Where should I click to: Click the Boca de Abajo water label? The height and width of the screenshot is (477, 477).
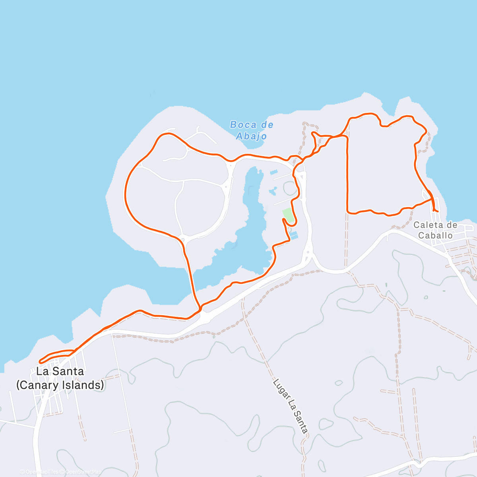click(252, 130)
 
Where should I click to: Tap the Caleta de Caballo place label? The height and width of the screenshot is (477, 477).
click(435, 230)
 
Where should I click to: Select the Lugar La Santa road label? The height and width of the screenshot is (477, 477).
click(291, 406)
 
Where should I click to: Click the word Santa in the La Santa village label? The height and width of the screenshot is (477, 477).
click(70, 371)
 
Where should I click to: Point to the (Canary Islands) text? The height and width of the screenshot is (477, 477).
click(60, 385)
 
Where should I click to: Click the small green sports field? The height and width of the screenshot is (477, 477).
click(288, 215)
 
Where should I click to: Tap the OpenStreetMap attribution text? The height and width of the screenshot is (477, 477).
click(83, 472)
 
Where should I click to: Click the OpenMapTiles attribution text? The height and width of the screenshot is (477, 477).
click(42, 472)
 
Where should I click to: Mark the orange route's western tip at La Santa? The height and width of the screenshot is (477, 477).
click(40, 361)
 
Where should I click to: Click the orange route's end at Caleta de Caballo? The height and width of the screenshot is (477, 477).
click(437, 211)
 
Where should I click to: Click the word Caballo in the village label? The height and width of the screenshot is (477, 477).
click(435, 235)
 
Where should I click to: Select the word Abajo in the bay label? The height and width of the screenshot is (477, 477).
click(252, 136)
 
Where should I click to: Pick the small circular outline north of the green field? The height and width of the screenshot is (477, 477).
click(290, 188)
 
